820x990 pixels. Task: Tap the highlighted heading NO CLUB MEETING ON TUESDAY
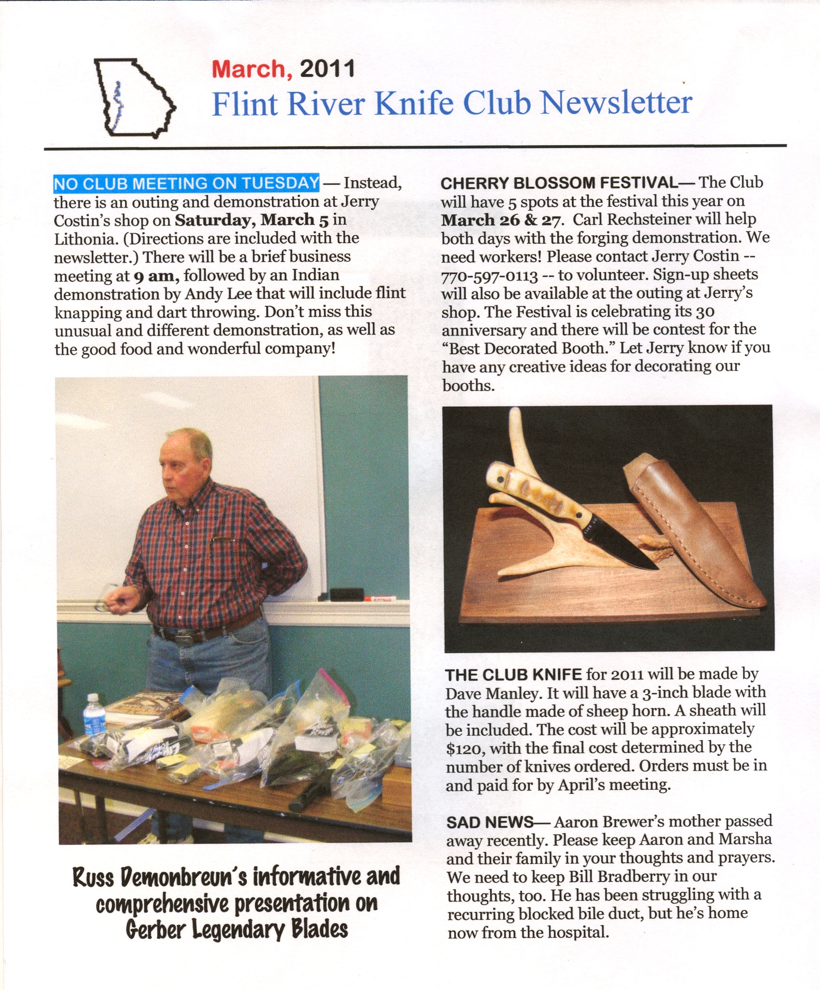186,183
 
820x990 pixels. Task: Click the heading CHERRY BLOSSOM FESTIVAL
559,183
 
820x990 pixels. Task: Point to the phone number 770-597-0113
490,276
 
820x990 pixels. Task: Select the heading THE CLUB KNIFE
513,674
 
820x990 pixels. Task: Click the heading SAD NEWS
490,822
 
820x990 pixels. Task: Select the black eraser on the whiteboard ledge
347,594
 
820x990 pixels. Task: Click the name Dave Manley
492,694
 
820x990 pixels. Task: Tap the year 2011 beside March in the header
328,69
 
